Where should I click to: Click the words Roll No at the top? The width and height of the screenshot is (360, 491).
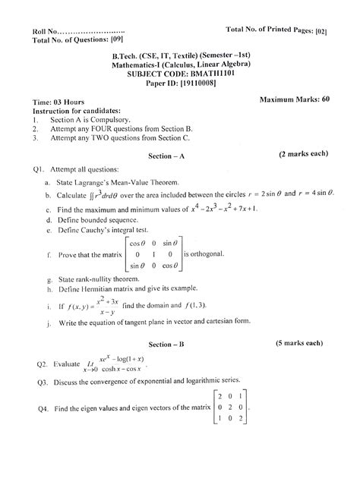[44, 30]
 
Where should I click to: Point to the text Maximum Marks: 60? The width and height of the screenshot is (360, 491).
[294, 99]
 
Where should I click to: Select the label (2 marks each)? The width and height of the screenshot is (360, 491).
[303, 153]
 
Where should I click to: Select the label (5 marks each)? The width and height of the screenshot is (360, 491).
[303, 344]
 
